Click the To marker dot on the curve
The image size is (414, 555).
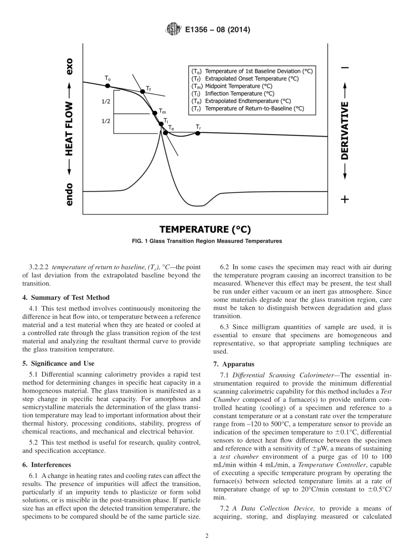(x=109, y=86)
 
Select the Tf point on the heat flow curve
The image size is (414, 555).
(x=142, y=92)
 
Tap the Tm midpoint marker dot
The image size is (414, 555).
(x=155, y=113)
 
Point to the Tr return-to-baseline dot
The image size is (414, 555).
(x=198, y=133)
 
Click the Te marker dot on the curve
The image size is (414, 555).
(x=166, y=132)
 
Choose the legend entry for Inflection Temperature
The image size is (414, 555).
(x=233, y=93)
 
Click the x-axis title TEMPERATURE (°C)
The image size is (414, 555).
(x=205, y=230)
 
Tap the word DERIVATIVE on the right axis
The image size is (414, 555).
(x=345, y=130)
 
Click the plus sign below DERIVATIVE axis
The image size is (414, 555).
(x=345, y=199)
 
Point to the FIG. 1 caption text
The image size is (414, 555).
(x=207, y=241)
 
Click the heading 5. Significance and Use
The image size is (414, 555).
(x=58, y=363)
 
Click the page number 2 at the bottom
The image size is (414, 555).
(x=207, y=536)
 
